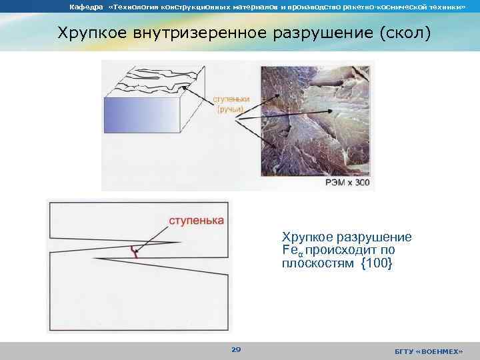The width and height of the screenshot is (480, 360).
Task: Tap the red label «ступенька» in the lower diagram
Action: (195, 220)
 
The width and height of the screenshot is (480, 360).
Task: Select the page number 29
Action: (235, 349)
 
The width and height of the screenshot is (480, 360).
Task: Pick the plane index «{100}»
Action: (377, 263)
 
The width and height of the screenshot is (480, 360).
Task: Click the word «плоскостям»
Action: (317, 263)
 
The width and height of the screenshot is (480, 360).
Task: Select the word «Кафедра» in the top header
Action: (83, 7)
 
